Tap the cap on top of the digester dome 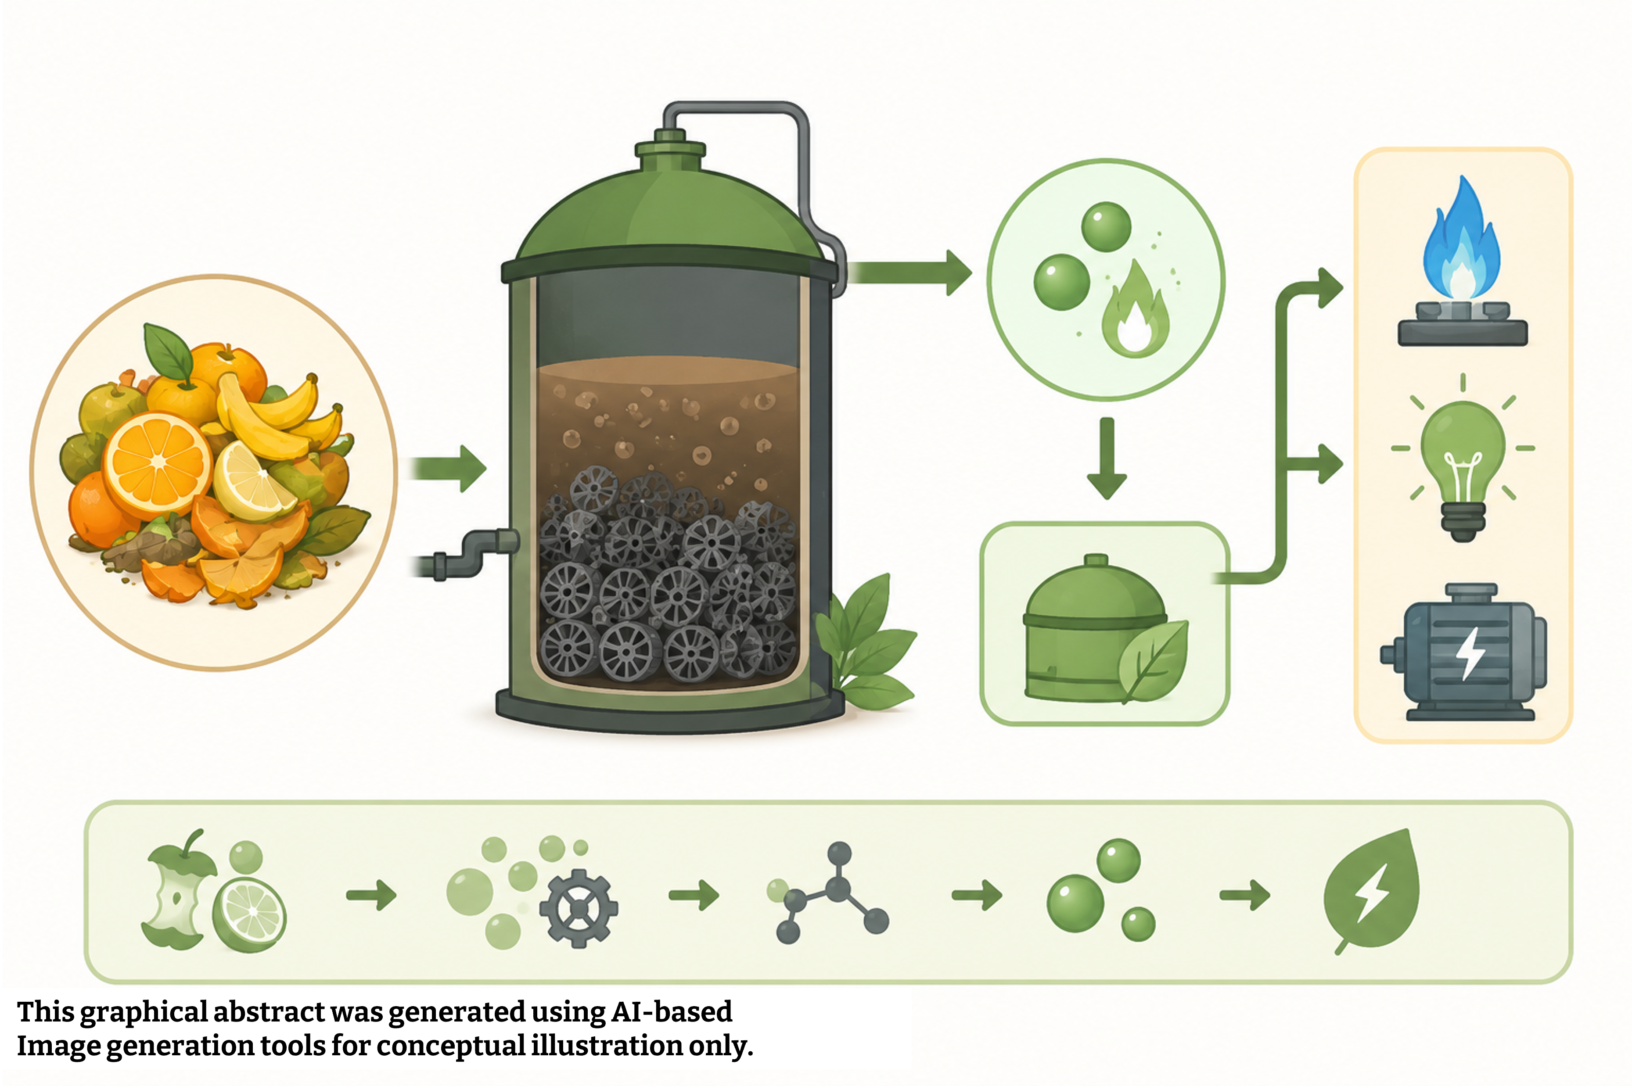670,145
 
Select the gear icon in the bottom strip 579,907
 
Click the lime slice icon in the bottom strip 249,915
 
